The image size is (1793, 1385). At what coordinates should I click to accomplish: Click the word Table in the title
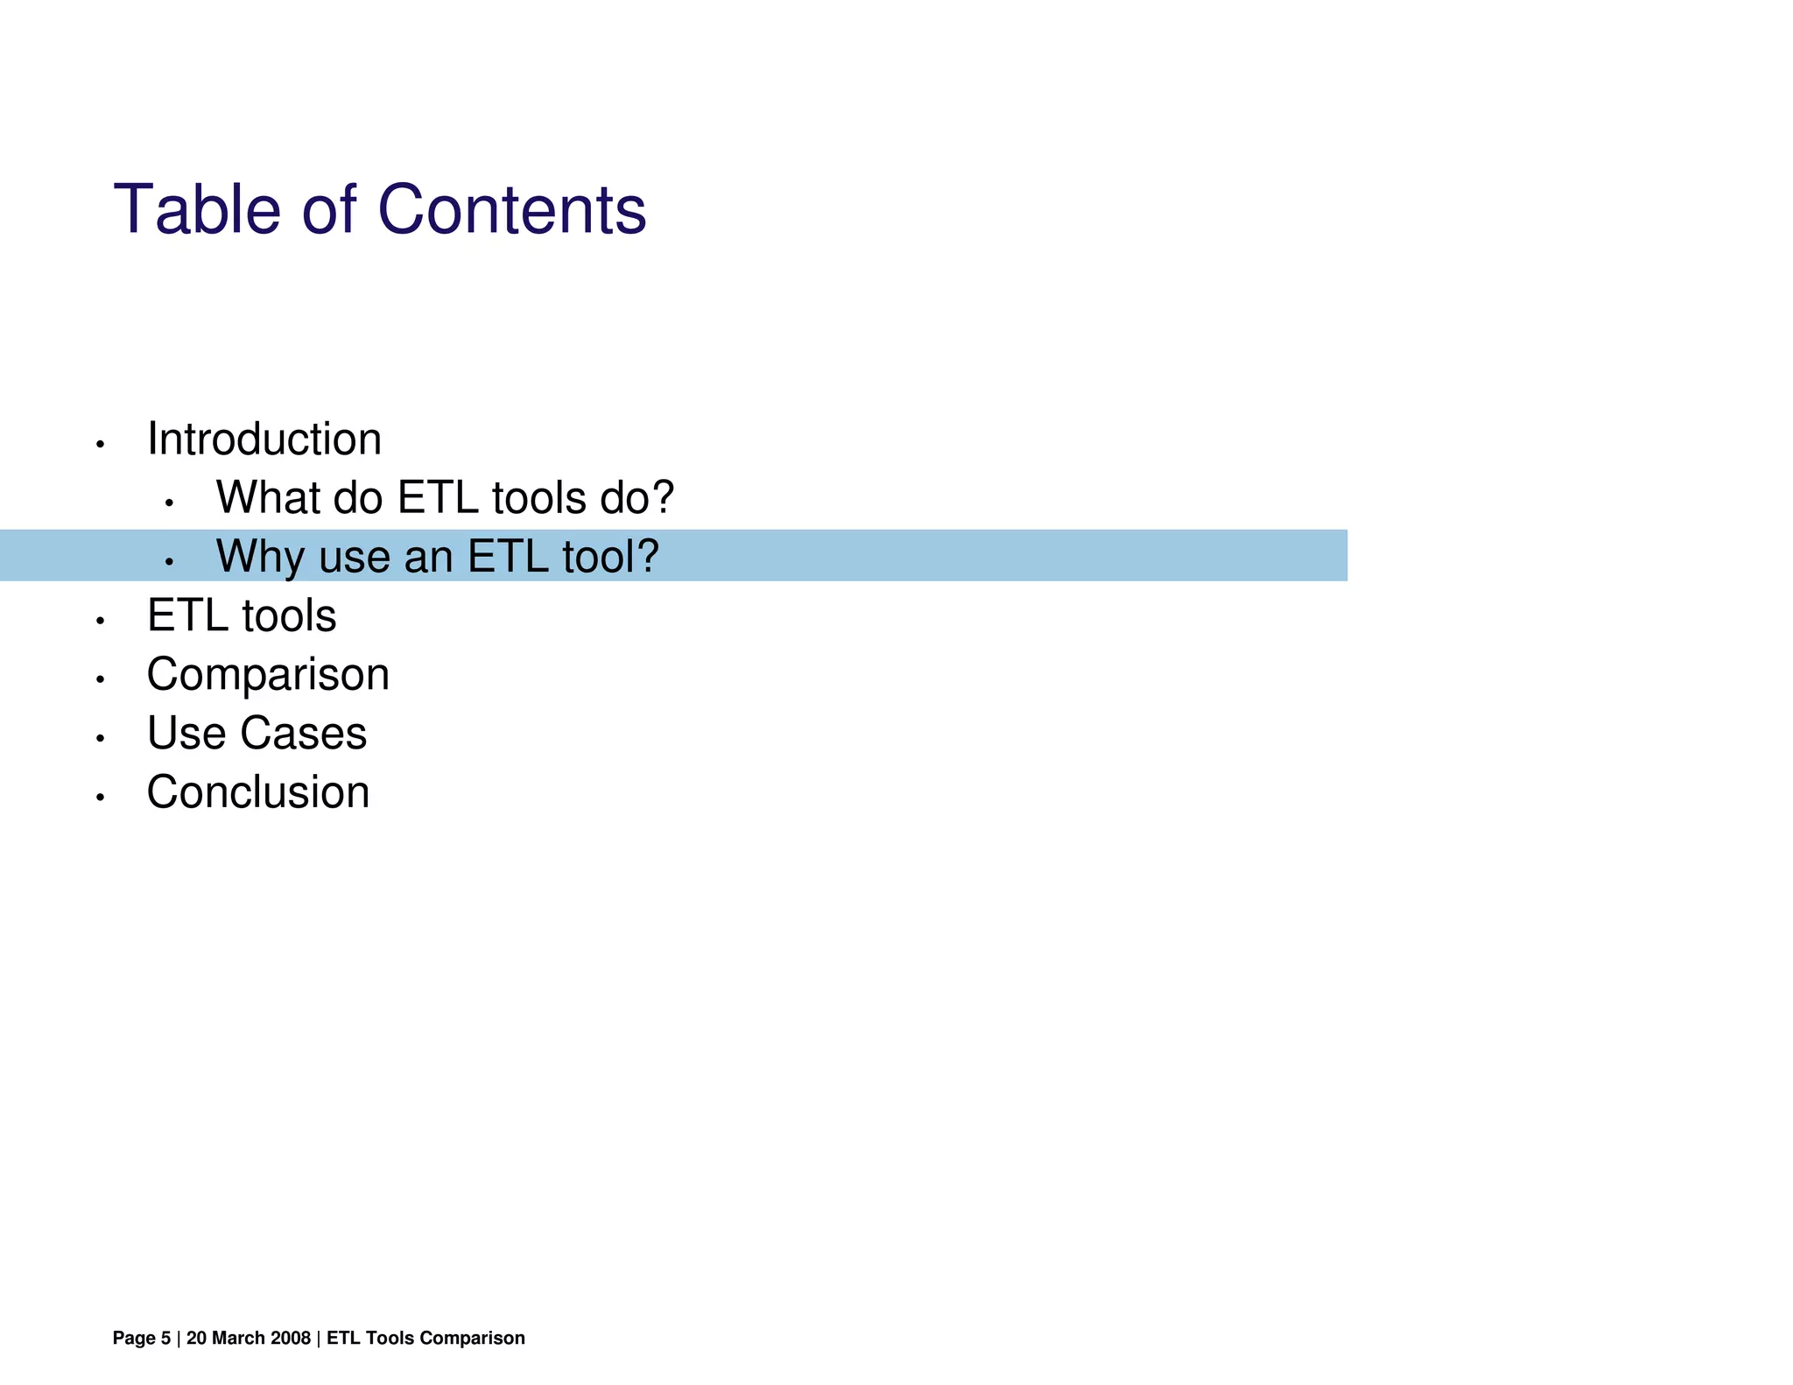[x=197, y=210]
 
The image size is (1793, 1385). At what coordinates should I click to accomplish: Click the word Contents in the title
[x=511, y=210]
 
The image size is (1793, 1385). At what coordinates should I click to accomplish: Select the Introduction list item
[x=264, y=439]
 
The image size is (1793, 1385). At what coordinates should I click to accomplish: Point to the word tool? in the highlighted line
[x=610, y=557]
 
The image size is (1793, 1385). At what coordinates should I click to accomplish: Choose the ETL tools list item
[x=242, y=615]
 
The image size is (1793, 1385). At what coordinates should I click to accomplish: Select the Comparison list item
[x=268, y=675]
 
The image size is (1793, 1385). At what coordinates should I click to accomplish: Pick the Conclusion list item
[x=258, y=792]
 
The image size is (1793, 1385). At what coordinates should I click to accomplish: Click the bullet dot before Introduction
[x=101, y=446]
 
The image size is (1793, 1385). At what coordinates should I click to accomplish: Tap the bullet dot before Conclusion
[x=101, y=798]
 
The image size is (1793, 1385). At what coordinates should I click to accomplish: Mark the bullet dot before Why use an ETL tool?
[x=170, y=562]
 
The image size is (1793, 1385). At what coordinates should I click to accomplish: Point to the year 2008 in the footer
[x=292, y=1338]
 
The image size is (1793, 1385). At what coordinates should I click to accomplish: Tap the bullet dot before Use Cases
[x=101, y=739]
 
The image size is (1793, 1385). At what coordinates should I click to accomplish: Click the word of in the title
[x=329, y=210]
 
